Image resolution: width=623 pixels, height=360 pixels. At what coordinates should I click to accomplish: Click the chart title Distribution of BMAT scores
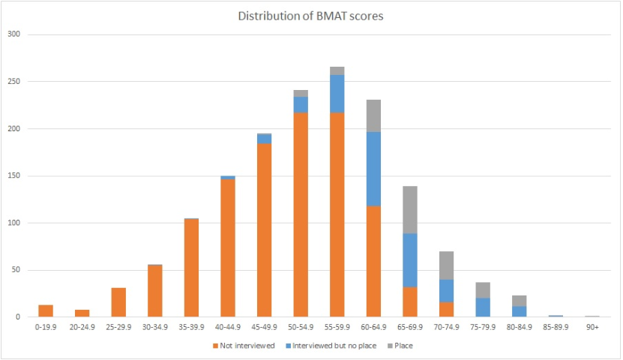[x=310, y=16]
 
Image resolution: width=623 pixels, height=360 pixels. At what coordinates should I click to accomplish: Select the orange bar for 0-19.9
[x=46, y=310]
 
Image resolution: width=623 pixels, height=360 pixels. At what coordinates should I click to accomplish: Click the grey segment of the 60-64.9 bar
[x=373, y=115]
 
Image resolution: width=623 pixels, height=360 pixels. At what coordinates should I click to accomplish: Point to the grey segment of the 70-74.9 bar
[x=446, y=265]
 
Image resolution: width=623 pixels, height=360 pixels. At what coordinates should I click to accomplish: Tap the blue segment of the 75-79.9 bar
[x=482, y=307]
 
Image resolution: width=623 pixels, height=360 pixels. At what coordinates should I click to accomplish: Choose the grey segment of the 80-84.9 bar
[x=519, y=301]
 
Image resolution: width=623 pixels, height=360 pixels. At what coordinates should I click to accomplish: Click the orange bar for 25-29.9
[x=118, y=302]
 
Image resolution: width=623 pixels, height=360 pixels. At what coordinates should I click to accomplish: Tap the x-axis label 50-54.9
[x=300, y=327]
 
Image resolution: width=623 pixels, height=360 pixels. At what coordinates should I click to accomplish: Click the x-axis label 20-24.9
[x=82, y=327]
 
